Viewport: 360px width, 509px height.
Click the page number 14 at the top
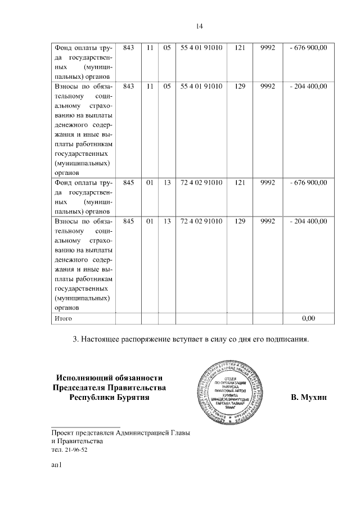tap(199, 26)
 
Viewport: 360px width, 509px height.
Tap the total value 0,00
tap(308, 318)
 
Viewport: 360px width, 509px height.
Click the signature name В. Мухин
tap(308, 398)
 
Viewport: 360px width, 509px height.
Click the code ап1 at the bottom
tap(56, 466)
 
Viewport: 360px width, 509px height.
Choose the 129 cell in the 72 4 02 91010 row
tap(240, 221)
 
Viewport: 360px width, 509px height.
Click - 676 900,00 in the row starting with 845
tap(308, 183)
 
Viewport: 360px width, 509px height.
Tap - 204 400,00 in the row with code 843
tap(308, 86)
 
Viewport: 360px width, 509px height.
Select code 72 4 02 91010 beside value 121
tap(201, 183)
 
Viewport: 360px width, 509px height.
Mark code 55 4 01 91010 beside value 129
tap(201, 86)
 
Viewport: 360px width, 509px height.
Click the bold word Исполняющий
tap(85, 377)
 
